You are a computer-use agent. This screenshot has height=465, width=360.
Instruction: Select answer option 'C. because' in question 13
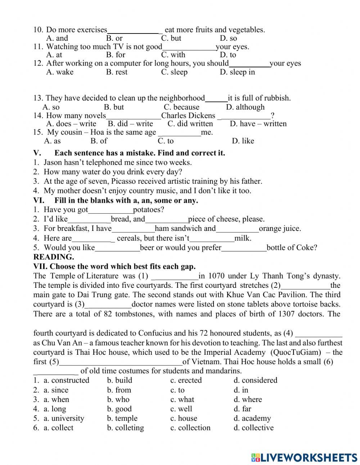pyautogui.click(x=181, y=107)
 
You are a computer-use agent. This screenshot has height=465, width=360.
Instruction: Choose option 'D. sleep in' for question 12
pyautogui.click(x=237, y=72)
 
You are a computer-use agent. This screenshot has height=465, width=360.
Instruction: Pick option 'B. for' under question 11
pyautogui.click(x=116, y=55)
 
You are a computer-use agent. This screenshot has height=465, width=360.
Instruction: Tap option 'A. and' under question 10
pyautogui.click(x=57, y=38)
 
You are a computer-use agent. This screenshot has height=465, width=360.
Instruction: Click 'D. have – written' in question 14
pyautogui.click(x=258, y=124)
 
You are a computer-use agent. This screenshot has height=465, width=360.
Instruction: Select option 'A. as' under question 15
pyautogui.click(x=52, y=141)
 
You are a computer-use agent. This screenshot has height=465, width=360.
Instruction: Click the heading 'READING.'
pyautogui.click(x=53, y=257)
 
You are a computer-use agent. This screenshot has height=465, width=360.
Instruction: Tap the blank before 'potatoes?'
pyautogui.click(x=111, y=210)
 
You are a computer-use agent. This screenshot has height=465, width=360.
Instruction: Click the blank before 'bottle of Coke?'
pyautogui.click(x=244, y=248)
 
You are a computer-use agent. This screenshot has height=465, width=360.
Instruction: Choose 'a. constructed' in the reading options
pyautogui.click(x=66, y=380)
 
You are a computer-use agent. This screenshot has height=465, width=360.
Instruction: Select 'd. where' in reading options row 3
pyautogui.click(x=248, y=399)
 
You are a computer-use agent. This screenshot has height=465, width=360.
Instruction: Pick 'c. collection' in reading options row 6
pyautogui.click(x=190, y=428)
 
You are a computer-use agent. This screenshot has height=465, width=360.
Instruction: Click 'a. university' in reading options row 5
pyautogui.click(x=64, y=418)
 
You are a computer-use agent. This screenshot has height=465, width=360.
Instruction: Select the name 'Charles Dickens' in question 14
pyautogui.click(x=188, y=116)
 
